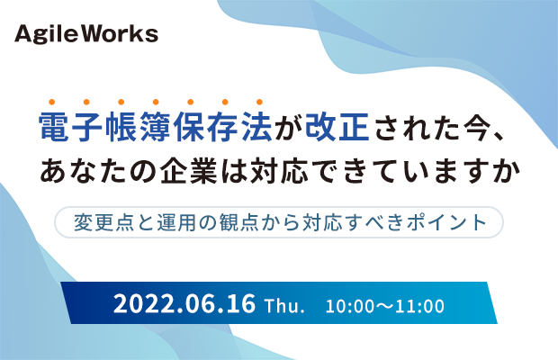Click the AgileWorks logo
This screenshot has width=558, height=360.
pos(86,34)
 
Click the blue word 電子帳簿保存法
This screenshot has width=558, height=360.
pos(156,127)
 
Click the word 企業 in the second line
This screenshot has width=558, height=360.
pos(189,171)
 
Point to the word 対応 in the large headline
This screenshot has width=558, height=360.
pos(279,171)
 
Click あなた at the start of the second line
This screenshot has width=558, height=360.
pos(83,171)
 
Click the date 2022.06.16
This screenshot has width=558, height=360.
pos(184,303)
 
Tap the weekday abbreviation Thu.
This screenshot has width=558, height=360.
pos(284,305)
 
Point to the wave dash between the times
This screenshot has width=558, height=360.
pos(384,307)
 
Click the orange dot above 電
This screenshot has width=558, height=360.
pos(52,102)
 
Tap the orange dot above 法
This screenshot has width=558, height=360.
pos(259,102)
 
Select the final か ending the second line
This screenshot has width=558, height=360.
pos(505,171)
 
